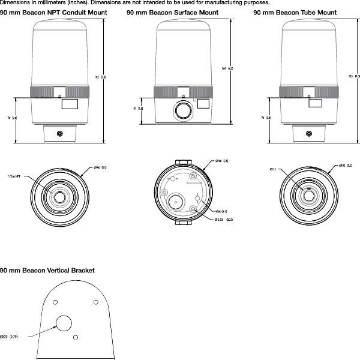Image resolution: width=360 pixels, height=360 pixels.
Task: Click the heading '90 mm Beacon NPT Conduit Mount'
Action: click(x=53, y=12)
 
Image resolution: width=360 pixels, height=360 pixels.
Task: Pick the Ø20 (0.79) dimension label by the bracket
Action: click(x=12, y=337)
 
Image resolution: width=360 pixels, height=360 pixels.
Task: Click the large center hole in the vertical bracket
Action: click(x=64, y=324)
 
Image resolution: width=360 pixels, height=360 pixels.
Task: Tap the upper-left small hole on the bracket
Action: click(x=55, y=301)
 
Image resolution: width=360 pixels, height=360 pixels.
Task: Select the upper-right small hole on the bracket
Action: click(x=95, y=301)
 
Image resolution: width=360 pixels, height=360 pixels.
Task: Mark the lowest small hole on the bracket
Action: click(x=75, y=338)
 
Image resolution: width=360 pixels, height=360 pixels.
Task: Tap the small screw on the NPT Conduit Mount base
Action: click(x=59, y=133)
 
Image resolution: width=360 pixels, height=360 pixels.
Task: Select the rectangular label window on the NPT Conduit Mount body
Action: click(x=69, y=104)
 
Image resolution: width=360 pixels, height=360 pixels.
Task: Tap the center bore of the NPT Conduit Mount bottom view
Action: click(x=59, y=196)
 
